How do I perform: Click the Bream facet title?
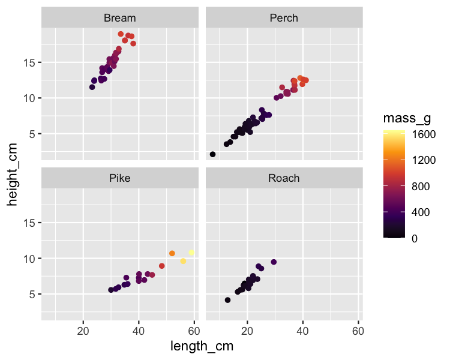tap(120, 18)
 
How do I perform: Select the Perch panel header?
tap(284, 18)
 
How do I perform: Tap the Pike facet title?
tap(120, 178)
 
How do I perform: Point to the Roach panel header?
tap(284, 178)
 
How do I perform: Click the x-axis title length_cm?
tap(202, 346)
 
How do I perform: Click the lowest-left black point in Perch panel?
tap(212, 154)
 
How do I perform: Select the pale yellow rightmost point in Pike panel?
tap(191, 253)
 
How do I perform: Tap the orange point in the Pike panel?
tap(172, 253)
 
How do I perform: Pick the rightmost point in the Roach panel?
tap(274, 262)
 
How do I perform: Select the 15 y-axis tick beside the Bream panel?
tap(30, 63)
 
